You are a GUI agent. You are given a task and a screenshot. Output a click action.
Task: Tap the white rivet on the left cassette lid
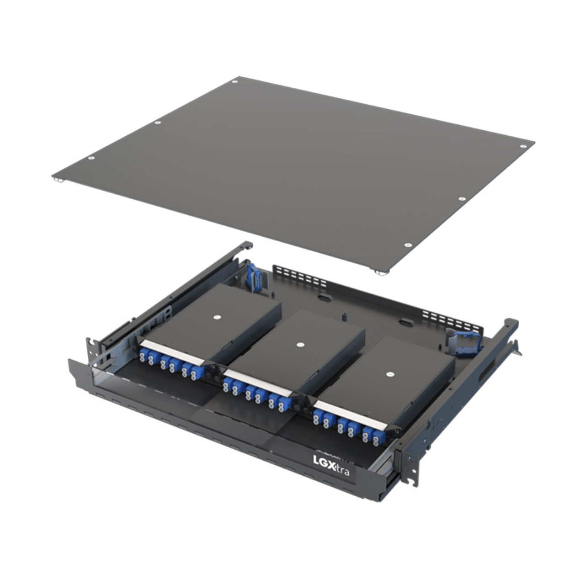[x=216, y=317]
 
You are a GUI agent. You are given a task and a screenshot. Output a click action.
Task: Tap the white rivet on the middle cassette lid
[x=300, y=344]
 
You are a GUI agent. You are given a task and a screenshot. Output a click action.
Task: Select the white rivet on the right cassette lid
[x=388, y=374]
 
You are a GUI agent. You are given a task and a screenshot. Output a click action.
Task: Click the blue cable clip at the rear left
[x=253, y=277]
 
